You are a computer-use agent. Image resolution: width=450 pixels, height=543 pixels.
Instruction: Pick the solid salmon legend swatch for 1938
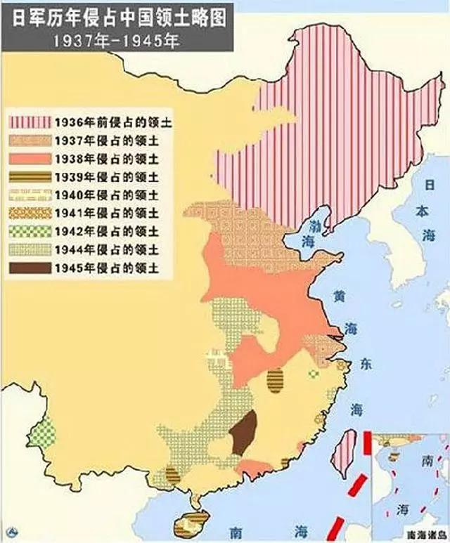point(30,157)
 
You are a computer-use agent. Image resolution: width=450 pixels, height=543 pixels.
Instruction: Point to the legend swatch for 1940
point(30,194)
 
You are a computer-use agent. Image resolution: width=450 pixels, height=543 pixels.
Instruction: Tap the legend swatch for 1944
point(30,249)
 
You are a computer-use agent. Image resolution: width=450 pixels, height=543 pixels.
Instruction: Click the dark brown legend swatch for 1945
point(30,268)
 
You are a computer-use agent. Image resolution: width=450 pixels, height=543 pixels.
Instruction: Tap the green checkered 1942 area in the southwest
point(42,431)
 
